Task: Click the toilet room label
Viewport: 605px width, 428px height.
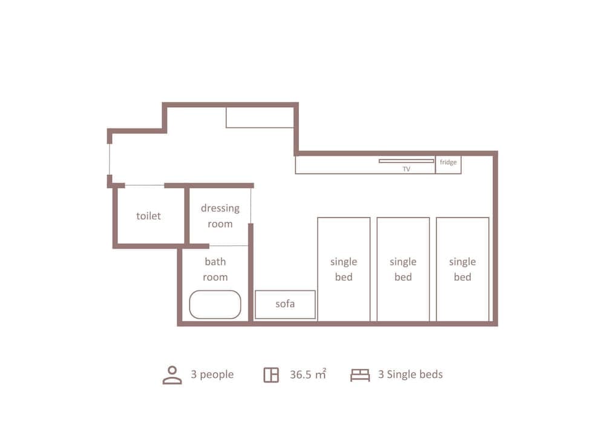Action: point(148,216)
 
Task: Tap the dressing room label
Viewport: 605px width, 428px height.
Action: point(220,216)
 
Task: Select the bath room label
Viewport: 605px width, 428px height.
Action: point(215,269)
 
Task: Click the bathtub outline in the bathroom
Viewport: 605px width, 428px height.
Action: point(215,305)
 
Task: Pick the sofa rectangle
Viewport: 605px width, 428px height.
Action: point(285,304)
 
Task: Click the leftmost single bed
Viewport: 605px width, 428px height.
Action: point(344,269)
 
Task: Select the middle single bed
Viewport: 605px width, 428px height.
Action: point(403,269)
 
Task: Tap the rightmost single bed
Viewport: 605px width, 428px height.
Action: point(462,269)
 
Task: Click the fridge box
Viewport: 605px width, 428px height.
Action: point(448,163)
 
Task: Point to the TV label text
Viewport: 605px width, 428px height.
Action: point(407,170)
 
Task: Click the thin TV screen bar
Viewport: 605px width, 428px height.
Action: point(407,161)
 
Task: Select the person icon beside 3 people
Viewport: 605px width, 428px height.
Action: point(172,375)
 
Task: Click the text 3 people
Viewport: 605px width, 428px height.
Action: point(212,375)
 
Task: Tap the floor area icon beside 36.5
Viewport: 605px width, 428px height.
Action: point(271,375)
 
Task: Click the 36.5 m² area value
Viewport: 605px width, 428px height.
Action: point(307,374)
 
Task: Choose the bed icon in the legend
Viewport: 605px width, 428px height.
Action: point(360,375)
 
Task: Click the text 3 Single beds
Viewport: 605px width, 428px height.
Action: point(410,375)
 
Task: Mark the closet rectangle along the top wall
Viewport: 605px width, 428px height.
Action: point(260,117)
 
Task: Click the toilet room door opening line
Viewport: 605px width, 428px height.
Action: point(145,185)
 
